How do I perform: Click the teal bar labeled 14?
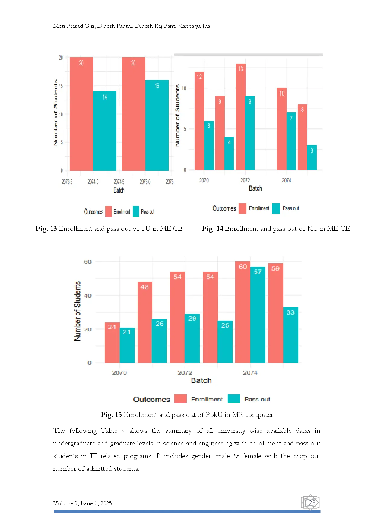click(x=105, y=131)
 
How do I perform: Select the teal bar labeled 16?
click(x=157, y=125)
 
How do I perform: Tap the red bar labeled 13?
click(x=240, y=117)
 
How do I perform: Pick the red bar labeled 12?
click(x=199, y=121)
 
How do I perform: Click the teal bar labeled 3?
click(x=312, y=157)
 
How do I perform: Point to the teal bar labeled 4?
click(x=229, y=153)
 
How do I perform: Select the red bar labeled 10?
click(x=281, y=129)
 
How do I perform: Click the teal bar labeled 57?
click(x=258, y=315)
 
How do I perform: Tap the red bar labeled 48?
click(x=145, y=322)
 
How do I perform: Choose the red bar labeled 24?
click(x=112, y=342)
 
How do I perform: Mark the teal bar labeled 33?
click(x=290, y=335)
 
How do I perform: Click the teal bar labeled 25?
click(x=225, y=341)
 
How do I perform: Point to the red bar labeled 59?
click(x=275, y=313)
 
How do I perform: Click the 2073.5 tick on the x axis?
click(x=67, y=182)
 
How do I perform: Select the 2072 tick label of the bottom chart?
click(x=185, y=373)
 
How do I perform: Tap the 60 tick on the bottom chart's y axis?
click(x=87, y=262)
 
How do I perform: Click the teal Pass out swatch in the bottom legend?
click(x=234, y=399)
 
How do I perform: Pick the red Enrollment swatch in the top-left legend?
click(x=108, y=211)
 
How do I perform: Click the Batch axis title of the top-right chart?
click(x=255, y=188)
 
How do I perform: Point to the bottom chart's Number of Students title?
click(x=78, y=311)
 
